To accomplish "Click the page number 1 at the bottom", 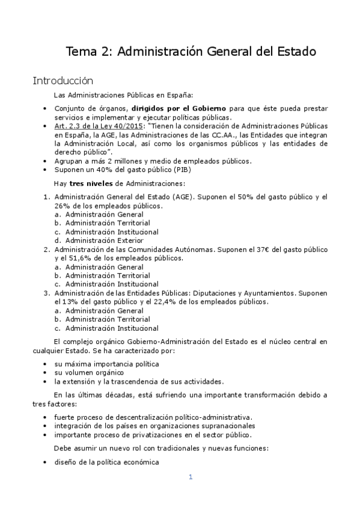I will (x=190, y=478).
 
